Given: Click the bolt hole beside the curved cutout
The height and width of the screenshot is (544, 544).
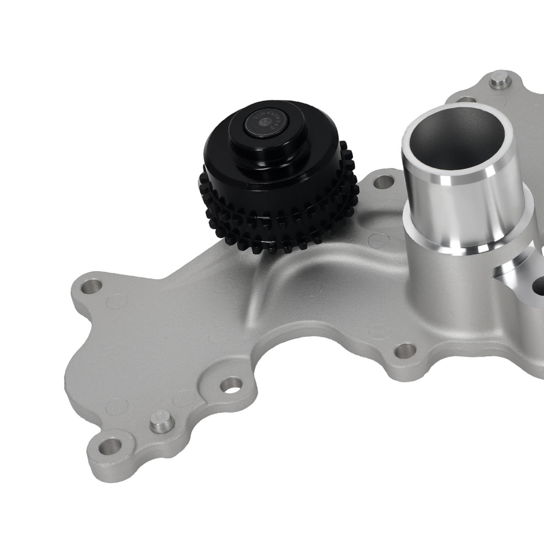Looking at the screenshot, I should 232,385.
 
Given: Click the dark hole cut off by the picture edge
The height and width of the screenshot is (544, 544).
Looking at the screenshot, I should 539,285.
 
